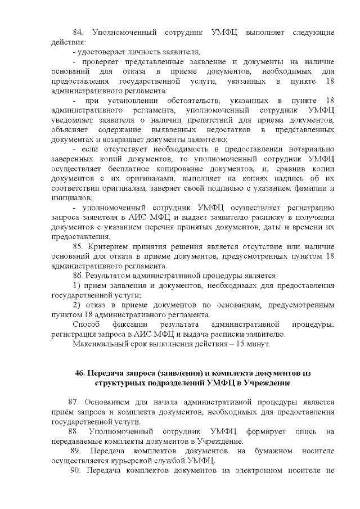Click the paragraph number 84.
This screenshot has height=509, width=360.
coord(79,33)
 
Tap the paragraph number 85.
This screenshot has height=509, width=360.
coord(79,246)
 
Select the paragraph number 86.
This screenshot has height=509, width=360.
coord(79,276)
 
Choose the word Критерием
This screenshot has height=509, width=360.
coord(111,246)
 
